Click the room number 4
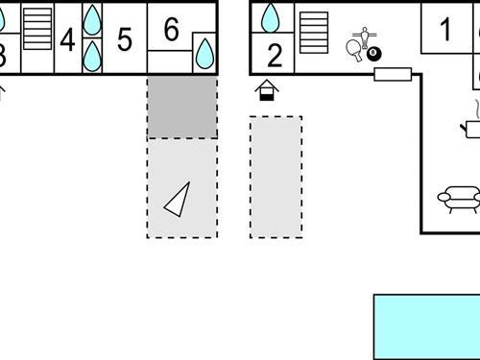click(x=67, y=40)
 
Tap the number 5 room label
click(x=124, y=40)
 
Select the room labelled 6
click(x=171, y=30)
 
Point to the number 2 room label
click(x=275, y=55)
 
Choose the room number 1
click(x=445, y=30)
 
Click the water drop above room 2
click(x=272, y=17)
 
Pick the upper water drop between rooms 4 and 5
click(x=92, y=19)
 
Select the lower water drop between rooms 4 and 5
click(x=92, y=55)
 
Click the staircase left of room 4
click(x=37, y=29)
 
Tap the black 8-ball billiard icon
click(x=373, y=56)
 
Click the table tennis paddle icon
click(x=356, y=51)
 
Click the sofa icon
click(x=459, y=199)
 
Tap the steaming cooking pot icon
click(x=473, y=122)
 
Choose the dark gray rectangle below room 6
click(x=181, y=108)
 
